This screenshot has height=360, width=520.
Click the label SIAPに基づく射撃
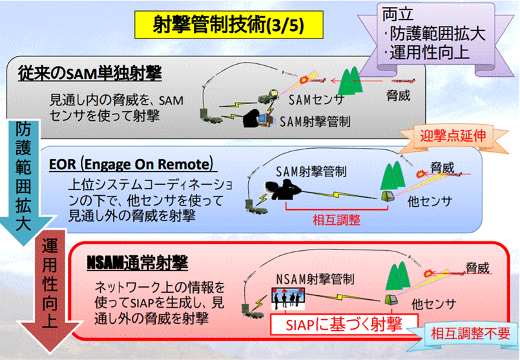click(336, 323)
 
